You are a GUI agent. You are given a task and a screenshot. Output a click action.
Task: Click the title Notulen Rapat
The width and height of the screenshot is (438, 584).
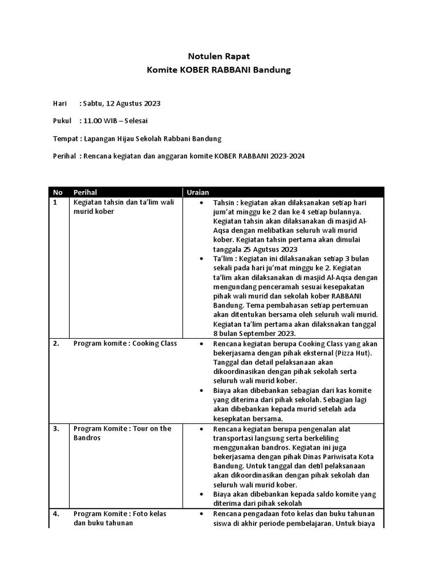click(x=219, y=56)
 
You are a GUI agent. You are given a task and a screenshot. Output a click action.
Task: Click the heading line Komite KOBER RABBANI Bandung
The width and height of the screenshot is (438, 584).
click(x=219, y=70)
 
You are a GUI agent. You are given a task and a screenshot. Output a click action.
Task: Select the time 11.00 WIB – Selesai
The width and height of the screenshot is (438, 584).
click(x=119, y=121)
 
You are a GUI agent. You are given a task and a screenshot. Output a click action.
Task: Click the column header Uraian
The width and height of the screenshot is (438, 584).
click(x=196, y=192)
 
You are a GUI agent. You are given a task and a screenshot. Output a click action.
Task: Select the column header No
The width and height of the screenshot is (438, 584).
click(x=58, y=192)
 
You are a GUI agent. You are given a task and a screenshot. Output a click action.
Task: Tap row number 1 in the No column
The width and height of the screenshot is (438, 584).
click(x=55, y=202)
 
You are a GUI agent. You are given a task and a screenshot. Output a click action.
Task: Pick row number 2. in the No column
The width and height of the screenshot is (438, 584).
click(x=56, y=344)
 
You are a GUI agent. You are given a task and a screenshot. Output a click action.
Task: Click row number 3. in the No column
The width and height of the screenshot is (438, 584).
click(x=56, y=428)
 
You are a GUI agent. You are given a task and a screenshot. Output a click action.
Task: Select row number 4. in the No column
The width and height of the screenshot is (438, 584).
click(x=56, y=513)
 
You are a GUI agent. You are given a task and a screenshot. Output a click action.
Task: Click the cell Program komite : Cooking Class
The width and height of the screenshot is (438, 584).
click(x=125, y=344)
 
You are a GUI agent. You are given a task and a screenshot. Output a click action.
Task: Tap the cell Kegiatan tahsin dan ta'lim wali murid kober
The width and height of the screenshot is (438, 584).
click(x=123, y=206)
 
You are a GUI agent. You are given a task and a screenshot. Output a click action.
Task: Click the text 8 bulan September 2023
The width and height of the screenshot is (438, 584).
click(x=254, y=334)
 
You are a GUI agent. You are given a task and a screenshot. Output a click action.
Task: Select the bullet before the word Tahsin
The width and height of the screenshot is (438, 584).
click(x=203, y=203)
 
